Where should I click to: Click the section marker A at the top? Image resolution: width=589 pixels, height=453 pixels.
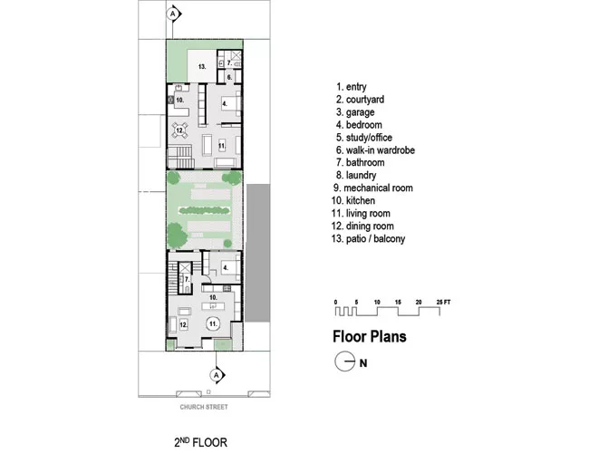coord(173,14)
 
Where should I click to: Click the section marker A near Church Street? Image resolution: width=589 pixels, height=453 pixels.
coord(217,375)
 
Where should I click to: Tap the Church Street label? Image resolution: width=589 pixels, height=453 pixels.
coord(204,407)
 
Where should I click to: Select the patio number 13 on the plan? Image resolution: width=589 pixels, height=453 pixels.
coord(202,67)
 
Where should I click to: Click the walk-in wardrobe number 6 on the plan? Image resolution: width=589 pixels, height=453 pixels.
coord(229,77)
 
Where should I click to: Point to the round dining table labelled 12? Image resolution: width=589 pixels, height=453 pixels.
coord(180,130)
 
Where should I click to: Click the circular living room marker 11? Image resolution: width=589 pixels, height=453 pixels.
coord(213,323)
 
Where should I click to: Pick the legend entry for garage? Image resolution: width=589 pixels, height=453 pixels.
coord(355,112)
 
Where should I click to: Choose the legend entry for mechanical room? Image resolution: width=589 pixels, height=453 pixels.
coord(372,188)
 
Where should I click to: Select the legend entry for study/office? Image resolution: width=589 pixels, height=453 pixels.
coord(364,138)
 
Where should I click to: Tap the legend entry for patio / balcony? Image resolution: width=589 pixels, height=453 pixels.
coord(368,238)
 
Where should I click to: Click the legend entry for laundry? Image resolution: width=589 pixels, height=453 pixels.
coord(356,176)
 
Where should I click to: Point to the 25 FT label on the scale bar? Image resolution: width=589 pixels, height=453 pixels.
coord(443,302)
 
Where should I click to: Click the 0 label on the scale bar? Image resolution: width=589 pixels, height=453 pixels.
coord(335,302)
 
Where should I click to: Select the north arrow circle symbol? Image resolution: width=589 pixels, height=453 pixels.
coord(345,361)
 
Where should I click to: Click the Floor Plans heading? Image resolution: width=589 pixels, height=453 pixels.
coord(370,336)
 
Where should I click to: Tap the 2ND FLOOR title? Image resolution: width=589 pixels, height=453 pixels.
coord(200,442)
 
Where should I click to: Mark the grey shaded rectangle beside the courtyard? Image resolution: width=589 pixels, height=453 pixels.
coord(258,253)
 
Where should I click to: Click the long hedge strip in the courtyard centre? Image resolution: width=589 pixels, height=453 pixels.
coord(204,211)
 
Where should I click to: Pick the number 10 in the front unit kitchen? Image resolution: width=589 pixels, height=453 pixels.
coord(213,297)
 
